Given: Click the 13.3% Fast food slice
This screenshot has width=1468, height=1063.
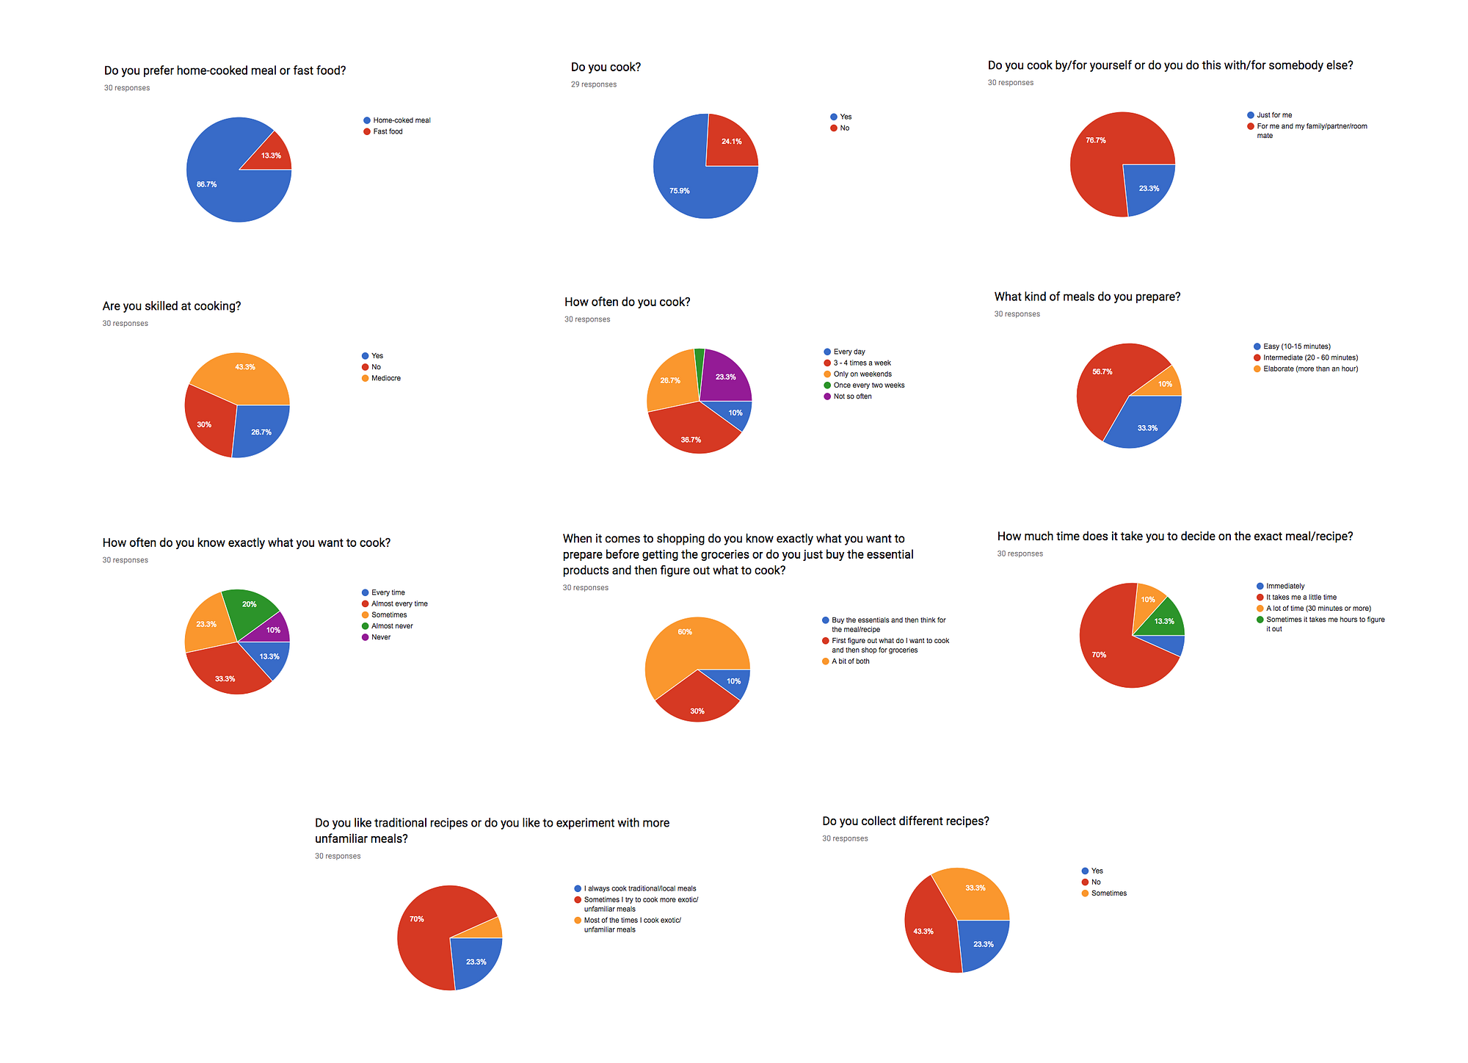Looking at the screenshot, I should pos(270,155).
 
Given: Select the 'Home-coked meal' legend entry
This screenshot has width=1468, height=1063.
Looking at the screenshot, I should pos(401,120).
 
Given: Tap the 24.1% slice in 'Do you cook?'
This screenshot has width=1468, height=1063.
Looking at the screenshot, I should pos(730,142).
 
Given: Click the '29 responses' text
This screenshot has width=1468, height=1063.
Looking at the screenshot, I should pos(594,84).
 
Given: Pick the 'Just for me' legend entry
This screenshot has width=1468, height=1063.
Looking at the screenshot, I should pos(1273,115).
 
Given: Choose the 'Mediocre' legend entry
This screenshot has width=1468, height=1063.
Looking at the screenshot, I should pos(385,378).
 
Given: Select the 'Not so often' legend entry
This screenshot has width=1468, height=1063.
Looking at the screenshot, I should pos(852,396).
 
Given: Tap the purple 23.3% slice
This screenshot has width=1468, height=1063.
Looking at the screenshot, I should pos(724,376).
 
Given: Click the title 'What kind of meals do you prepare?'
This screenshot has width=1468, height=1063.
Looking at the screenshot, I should pos(1087,297).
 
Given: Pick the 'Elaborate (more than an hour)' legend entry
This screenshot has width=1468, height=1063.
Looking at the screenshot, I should pos(1310,369).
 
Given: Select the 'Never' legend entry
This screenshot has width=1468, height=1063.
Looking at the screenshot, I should pos(380,637).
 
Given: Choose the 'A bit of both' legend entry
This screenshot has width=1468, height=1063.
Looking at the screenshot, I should pos(850,661).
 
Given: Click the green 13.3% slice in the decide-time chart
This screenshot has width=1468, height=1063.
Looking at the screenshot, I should pos(1164,620).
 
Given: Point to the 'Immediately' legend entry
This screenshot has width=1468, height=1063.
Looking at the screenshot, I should pos(1284,586).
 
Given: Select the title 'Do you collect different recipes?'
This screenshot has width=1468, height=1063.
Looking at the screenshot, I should pos(905,821).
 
